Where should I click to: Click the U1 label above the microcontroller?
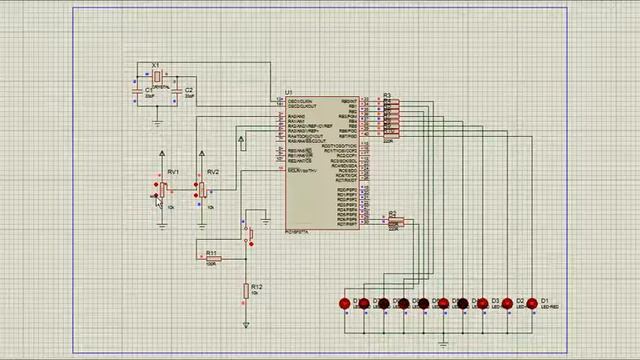[x=289, y=91]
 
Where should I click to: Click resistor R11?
[x=213, y=259]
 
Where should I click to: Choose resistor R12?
[x=246, y=291]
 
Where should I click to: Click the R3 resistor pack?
[x=390, y=118]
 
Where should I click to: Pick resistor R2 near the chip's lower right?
[x=393, y=221]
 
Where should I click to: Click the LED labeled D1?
[x=532, y=302]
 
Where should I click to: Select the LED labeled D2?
[x=508, y=302]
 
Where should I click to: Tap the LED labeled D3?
[x=484, y=302]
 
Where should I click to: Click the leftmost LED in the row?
[x=345, y=303]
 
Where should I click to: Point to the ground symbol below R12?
[x=246, y=324]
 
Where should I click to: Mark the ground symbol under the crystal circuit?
[x=158, y=122]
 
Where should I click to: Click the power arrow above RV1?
[x=163, y=154]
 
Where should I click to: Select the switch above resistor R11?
[x=249, y=233]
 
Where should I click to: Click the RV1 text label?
[x=173, y=173]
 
